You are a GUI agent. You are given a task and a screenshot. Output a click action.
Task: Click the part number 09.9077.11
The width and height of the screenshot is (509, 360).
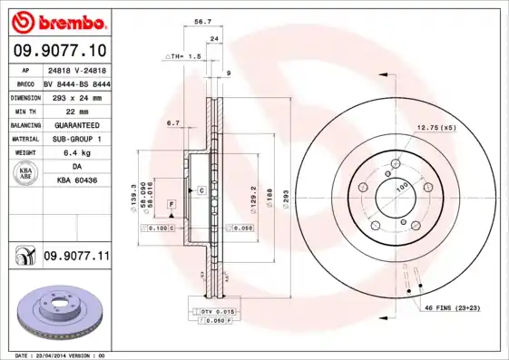pos(76,257)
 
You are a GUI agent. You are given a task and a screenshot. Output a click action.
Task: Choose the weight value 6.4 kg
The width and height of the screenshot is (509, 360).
pos(76,152)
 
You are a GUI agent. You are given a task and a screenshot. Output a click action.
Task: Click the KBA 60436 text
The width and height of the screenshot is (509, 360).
pos(76,181)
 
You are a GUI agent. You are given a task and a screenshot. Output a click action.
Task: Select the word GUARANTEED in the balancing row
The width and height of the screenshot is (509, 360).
pos(76,124)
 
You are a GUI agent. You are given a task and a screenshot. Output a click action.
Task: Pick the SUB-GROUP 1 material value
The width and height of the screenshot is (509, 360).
pos(76,139)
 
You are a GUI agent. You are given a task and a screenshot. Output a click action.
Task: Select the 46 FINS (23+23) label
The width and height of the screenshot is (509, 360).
pos(458,308)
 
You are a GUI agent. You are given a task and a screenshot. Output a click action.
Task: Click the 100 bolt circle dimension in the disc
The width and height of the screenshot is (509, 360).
pos(400,187)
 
